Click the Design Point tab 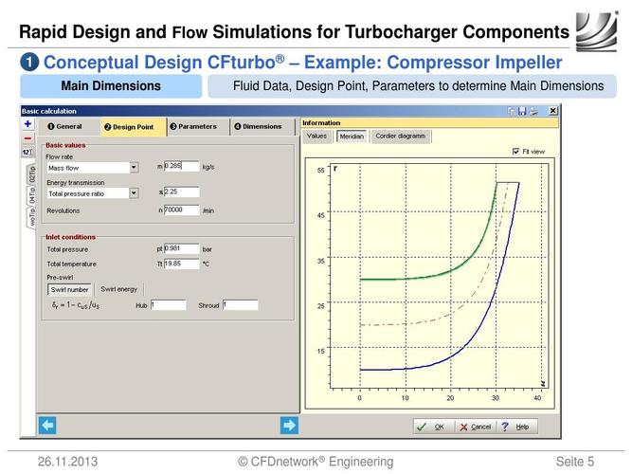click(x=129, y=126)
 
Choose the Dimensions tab click(x=258, y=126)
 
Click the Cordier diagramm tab click(x=400, y=136)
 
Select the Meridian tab click(x=352, y=136)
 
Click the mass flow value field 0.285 click(x=181, y=166)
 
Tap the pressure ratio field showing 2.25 click(x=181, y=191)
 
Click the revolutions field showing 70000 click(x=181, y=210)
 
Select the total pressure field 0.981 click(x=181, y=248)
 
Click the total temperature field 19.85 click(x=181, y=264)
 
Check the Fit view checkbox click(x=515, y=151)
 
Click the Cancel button click(x=475, y=427)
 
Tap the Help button click(x=515, y=427)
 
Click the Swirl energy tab click(x=118, y=288)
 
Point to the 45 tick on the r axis click(x=320, y=215)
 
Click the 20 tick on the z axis click(x=449, y=398)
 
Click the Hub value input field click(x=168, y=305)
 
